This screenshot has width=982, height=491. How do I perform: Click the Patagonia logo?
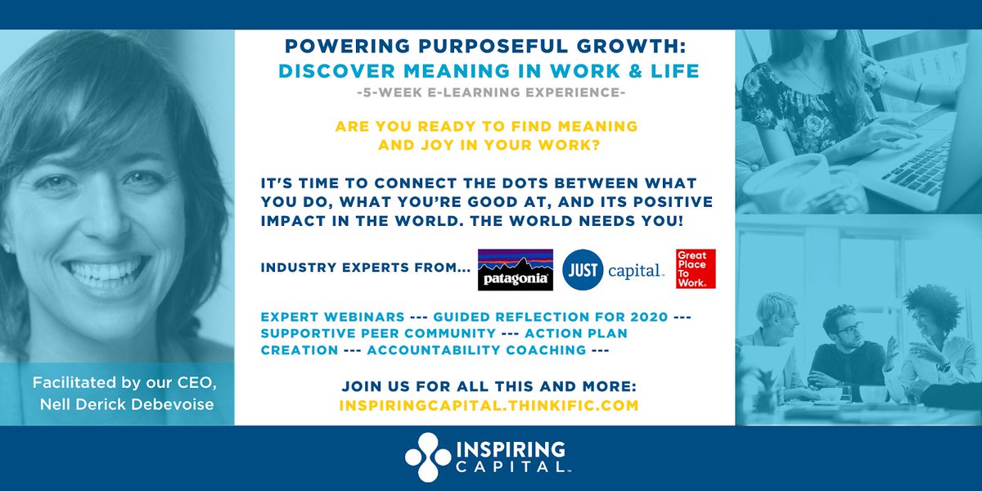(515, 270)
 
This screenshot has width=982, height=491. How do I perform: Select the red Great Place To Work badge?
(696, 269)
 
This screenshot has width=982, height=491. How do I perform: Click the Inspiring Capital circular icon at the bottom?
(427, 458)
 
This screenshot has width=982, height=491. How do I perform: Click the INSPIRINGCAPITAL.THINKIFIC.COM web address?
(488, 404)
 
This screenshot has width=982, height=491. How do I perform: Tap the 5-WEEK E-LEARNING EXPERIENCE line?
(491, 93)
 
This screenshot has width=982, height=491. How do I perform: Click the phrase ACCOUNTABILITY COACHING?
(476, 349)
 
